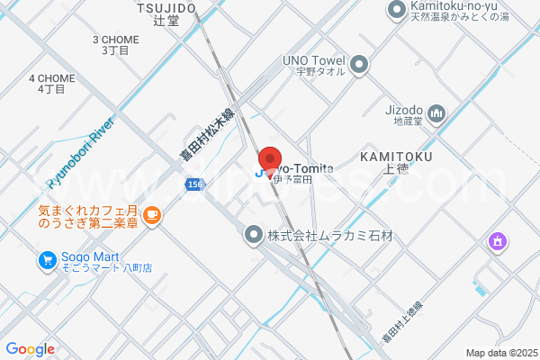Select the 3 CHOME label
tap(115, 45)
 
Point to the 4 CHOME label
tap(51, 84)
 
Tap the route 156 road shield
tap(194, 184)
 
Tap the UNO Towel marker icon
tap(360, 64)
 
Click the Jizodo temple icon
tap(436, 112)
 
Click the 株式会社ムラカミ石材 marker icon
tap(254, 235)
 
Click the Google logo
tap(30, 349)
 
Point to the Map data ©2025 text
tap(500, 352)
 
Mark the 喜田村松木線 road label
tap(206, 135)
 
